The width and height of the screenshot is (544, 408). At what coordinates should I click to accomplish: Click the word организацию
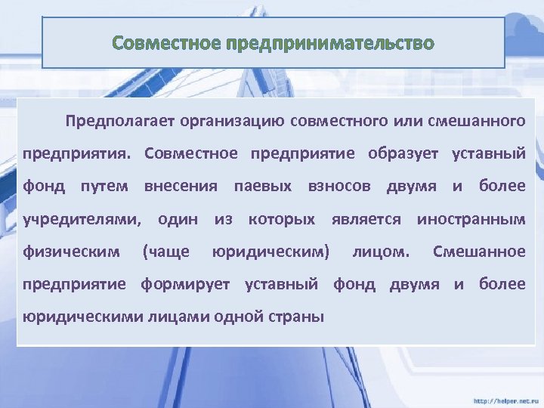pos(224,121)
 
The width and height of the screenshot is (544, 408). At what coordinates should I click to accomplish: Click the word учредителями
pos(82,219)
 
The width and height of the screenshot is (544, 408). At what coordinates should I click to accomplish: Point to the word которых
pos(281,219)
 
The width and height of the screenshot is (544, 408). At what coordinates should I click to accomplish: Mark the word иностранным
pos(471,219)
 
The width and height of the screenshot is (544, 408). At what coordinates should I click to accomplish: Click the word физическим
pos(71,252)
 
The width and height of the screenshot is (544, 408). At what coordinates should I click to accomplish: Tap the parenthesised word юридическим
pos(270,252)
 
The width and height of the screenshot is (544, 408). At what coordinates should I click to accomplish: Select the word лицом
pos(382,252)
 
